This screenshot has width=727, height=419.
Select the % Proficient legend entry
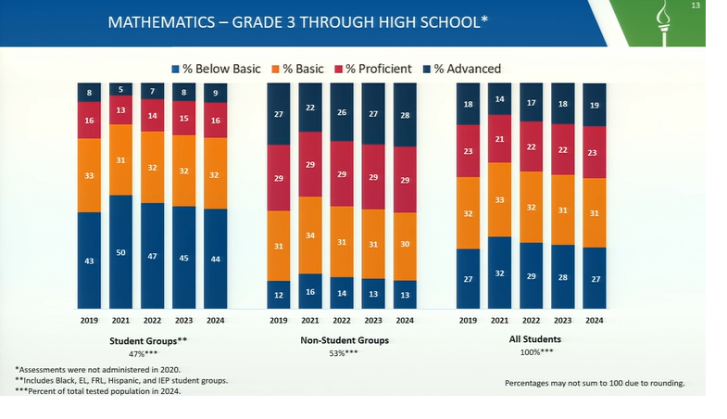374,69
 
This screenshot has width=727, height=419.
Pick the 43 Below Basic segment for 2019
89,260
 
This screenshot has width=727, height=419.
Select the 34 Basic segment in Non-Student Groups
311,235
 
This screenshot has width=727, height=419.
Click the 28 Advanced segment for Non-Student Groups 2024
405,115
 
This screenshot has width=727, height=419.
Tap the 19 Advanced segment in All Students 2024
594,106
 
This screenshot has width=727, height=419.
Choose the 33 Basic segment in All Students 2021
500,199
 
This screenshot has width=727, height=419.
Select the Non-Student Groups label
343,340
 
